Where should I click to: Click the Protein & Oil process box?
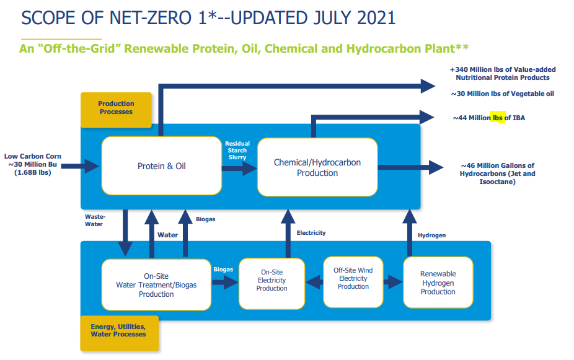(161, 166)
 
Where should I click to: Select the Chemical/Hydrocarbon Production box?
(317, 167)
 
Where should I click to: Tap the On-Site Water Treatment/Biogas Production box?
(156, 285)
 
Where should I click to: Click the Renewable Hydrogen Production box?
(438, 283)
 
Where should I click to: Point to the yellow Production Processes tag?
(116, 108)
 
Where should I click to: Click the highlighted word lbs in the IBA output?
(498, 118)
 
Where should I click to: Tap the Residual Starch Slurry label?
(237, 150)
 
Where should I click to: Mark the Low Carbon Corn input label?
(33, 164)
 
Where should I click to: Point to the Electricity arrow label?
(311, 233)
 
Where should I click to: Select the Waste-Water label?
(95, 220)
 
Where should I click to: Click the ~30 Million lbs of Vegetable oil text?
(502, 94)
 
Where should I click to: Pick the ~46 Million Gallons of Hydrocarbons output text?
(497, 173)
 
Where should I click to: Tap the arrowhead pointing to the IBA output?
(428, 116)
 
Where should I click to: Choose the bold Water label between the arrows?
(167, 235)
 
